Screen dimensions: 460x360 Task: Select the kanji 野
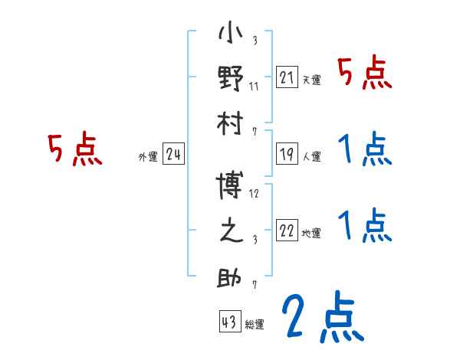[232, 80]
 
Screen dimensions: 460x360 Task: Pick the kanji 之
[232, 232]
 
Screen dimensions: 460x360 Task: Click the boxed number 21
[287, 77]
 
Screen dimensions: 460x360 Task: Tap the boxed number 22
[287, 231]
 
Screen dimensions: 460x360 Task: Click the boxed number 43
[228, 322]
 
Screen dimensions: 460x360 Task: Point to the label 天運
[311, 80]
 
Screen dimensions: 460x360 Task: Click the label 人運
[311, 157]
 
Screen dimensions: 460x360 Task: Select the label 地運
[311, 234]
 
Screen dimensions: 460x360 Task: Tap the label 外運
[147, 157]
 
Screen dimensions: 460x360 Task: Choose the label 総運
[255, 325]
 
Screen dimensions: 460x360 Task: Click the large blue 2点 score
[320, 318]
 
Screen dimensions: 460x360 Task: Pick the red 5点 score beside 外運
[75, 149]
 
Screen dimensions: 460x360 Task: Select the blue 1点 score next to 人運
[363, 149]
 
